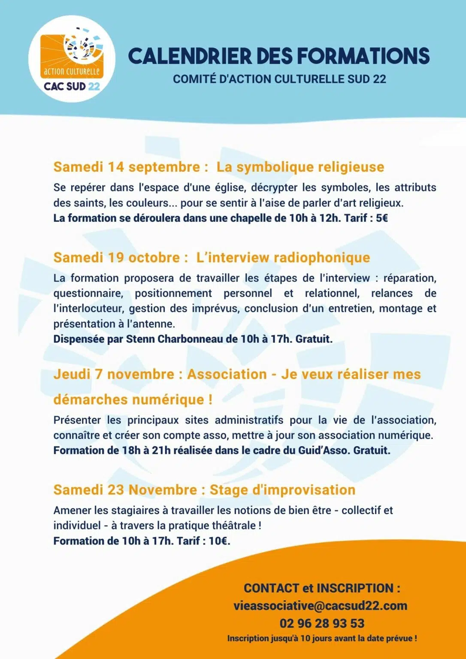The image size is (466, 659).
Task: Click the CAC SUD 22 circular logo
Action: coord(72,59)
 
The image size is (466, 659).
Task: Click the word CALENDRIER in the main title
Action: coord(190,56)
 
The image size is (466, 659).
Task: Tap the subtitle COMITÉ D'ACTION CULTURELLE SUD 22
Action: coord(279,79)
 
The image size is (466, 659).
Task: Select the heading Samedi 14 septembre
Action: coord(127,167)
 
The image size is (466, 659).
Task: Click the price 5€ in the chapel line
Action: coord(381,218)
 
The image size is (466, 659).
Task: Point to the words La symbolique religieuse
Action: coord(300,167)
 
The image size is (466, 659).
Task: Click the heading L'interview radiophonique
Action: coord(283,257)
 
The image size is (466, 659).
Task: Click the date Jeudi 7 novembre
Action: coord(114,374)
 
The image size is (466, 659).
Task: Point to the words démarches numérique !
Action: coord(133,399)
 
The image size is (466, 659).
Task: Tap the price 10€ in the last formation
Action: coord(219,541)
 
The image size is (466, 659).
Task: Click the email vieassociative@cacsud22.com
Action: coord(320,606)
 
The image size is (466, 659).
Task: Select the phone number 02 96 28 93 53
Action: coord(322,623)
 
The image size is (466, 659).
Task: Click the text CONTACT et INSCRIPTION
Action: coord(322,588)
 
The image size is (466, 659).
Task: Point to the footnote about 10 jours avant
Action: coord(322,638)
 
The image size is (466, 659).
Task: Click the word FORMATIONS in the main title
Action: coord(363,56)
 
